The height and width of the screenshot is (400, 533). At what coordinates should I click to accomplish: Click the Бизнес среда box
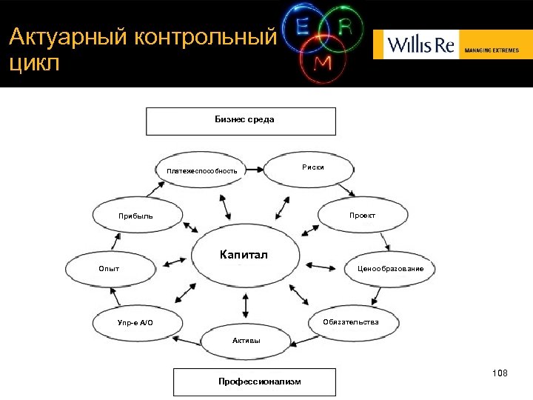(x=241, y=121)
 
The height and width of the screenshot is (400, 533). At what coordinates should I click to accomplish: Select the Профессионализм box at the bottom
(x=254, y=381)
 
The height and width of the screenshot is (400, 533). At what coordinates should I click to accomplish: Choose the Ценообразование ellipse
(x=389, y=268)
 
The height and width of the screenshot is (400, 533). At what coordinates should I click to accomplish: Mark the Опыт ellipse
(x=110, y=268)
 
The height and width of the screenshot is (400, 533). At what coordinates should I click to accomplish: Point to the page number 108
(x=499, y=373)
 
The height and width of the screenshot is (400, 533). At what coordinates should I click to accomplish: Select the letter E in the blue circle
(x=302, y=26)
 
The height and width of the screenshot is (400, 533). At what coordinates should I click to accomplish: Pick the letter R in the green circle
(x=345, y=26)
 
